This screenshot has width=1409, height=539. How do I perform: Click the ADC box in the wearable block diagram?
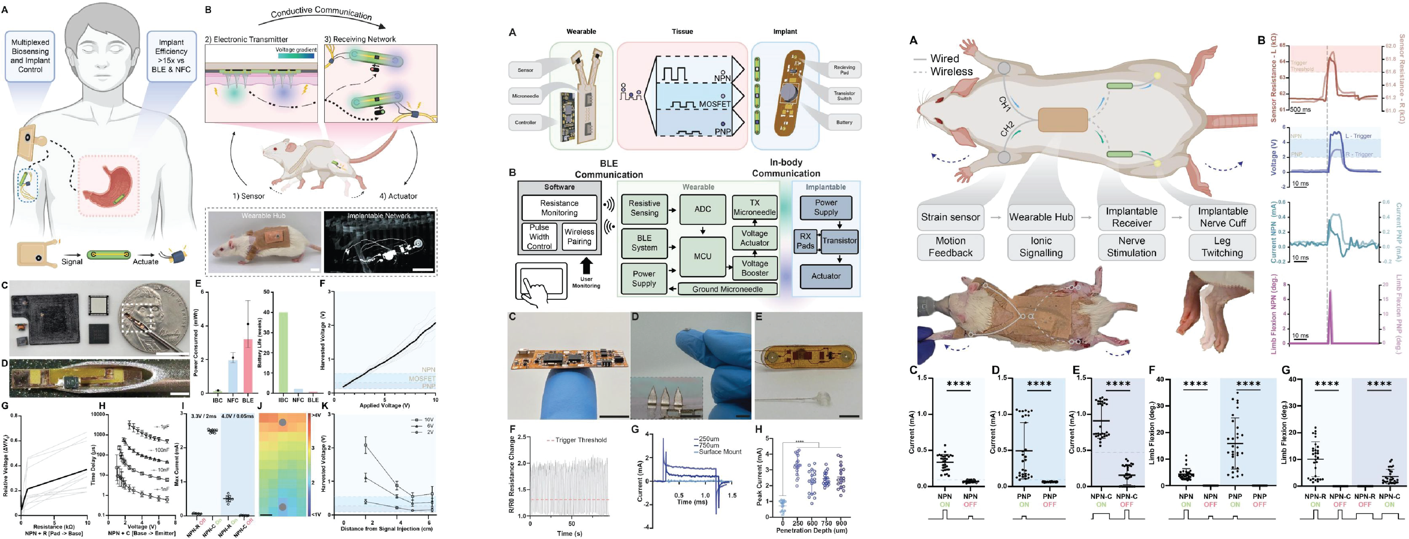[702, 209]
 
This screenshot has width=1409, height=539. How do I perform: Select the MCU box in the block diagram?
[702, 256]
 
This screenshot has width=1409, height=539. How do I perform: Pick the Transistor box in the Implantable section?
[839, 241]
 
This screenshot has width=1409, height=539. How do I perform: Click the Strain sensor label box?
[950, 217]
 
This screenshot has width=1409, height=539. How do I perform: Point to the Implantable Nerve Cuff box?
[1223, 217]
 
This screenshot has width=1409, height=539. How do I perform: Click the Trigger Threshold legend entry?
[580, 440]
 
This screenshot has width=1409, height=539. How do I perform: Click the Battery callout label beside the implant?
[844, 123]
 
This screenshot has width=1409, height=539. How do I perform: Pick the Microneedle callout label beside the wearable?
[525, 96]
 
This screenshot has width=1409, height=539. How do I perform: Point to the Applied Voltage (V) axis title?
[385, 405]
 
